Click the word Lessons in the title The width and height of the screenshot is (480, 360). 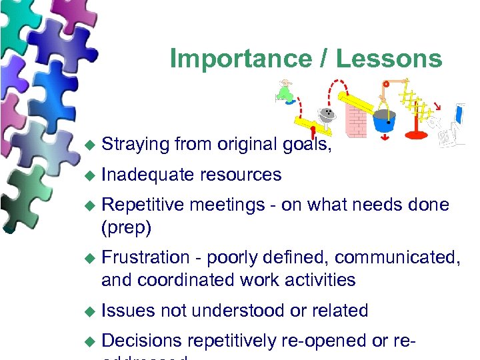pyautogui.click(x=389, y=59)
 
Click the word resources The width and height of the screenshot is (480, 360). pyautogui.click(x=240, y=175)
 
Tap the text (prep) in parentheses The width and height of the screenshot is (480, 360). pyautogui.click(x=127, y=227)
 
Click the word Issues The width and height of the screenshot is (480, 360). pyautogui.click(x=128, y=310)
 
